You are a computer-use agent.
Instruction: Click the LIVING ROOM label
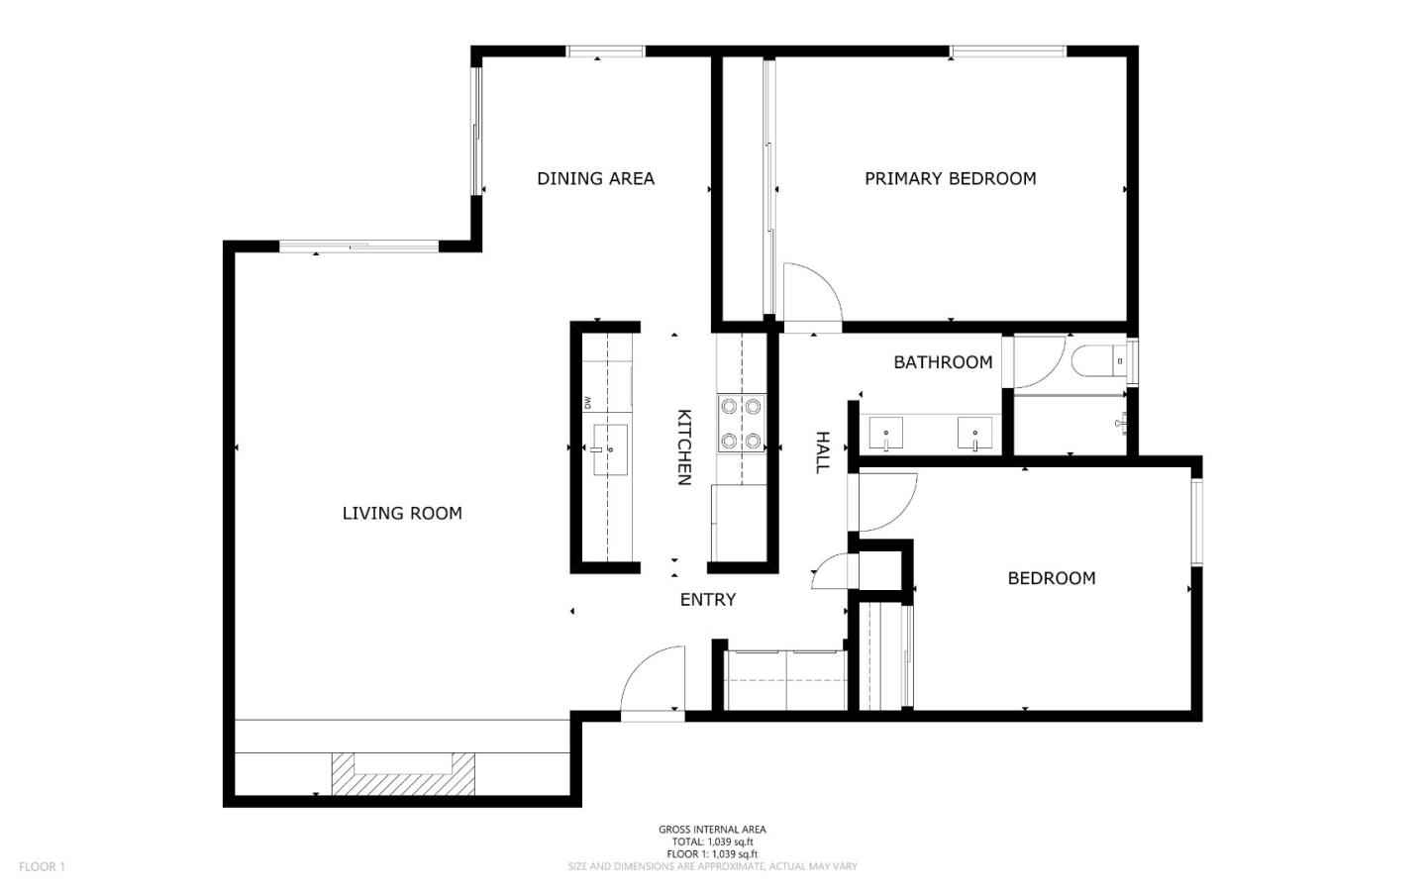402,513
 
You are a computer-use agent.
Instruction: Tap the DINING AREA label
595,178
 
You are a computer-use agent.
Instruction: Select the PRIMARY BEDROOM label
950,178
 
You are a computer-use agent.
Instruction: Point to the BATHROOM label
943,362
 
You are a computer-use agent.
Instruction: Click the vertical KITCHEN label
683,446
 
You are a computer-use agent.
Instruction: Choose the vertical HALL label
821,452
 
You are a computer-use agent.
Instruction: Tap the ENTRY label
707,600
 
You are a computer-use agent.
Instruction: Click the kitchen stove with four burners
742,423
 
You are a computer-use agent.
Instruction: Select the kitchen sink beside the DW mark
610,449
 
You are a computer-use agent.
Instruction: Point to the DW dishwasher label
588,402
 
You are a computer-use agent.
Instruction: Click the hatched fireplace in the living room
403,773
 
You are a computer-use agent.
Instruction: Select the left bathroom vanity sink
886,433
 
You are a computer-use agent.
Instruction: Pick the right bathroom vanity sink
974,433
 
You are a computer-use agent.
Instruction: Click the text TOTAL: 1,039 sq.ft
711,841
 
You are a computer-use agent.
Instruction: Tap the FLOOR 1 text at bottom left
42,867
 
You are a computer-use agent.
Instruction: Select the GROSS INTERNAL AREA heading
711,830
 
